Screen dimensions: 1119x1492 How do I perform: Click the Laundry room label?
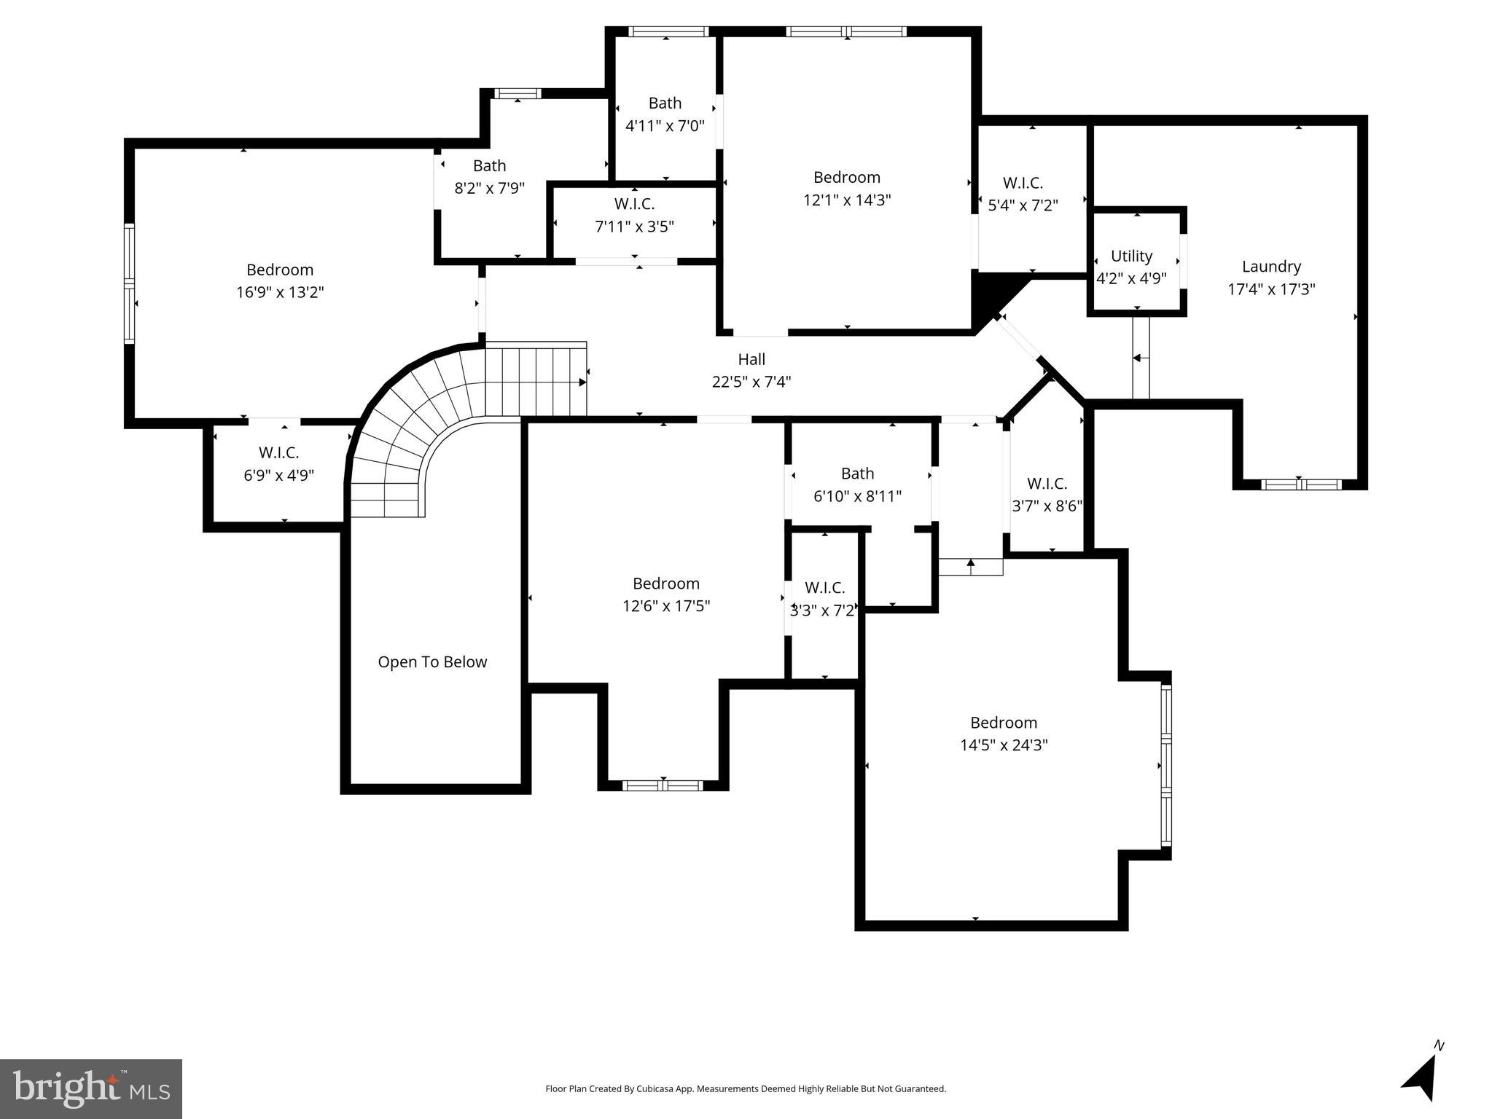pyautogui.click(x=1271, y=267)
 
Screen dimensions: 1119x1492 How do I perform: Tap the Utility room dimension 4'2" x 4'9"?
pyautogui.click(x=1131, y=278)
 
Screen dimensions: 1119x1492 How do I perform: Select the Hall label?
pyautogui.click(x=751, y=359)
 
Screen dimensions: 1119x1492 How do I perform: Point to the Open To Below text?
pyautogui.click(x=432, y=661)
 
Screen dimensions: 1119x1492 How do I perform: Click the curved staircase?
pyautogui.click(x=408, y=423)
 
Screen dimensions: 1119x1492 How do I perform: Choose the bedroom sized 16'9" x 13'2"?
pyautogui.click(x=280, y=281)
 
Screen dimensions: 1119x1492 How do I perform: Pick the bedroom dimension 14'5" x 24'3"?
pyautogui.click(x=1004, y=745)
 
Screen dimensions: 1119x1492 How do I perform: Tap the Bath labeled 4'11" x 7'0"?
pyautogui.click(x=665, y=114)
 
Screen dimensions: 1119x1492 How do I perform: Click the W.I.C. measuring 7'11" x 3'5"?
pyautogui.click(x=634, y=215)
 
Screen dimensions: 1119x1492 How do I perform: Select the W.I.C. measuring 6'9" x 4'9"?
pyautogui.click(x=278, y=464)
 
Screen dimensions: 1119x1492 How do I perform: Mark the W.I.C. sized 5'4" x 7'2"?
pyautogui.click(x=1023, y=194)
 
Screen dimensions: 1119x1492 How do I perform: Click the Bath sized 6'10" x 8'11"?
pyautogui.click(x=857, y=484)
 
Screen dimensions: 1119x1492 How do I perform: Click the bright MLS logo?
pyautogui.click(x=91, y=1088)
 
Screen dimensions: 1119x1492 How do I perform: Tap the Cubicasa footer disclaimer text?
pyautogui.click(x=746, y=1089)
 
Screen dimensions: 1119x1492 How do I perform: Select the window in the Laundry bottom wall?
pyautogui.click(x=1301, y=484)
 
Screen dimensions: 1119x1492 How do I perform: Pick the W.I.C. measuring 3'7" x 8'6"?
pyautogui.click(x=1047, y=495)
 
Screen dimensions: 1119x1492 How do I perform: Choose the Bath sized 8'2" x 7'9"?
pyautogui.click(x=489, y=177)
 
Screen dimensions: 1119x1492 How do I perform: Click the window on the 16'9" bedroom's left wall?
pyautogui.click(x=129, y=283)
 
